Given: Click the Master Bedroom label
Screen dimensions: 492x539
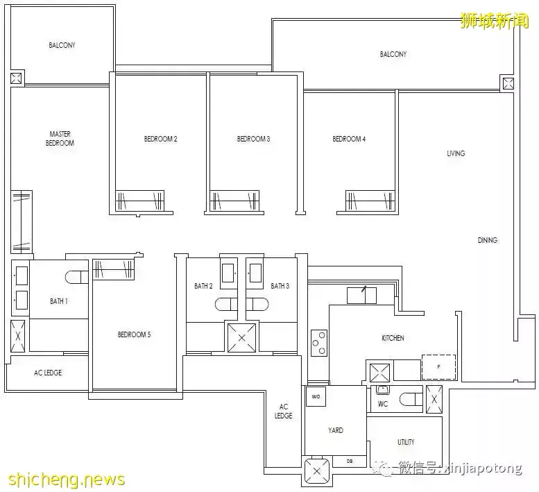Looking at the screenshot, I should pos(60,138).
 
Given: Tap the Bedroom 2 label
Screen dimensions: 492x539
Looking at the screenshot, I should pos(160,139).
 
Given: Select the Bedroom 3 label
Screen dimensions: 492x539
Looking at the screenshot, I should pos(253,139).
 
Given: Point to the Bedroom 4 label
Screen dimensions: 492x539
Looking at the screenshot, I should pos(349,139).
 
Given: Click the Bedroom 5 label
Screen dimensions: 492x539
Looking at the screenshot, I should pos(134,334).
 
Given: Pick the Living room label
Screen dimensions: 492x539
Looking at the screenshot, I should pos(456,153).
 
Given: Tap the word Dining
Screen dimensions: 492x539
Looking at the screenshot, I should pos(487,240).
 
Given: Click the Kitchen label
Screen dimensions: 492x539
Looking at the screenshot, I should pos(393,338).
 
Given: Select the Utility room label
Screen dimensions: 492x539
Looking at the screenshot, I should pos(406,442).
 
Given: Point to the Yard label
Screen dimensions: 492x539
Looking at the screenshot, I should pos(336,430).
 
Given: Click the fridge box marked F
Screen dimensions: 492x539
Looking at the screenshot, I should pos(438,366).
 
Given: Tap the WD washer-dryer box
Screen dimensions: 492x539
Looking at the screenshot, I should pos(316,397).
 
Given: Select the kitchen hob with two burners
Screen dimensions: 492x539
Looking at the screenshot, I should pos(319,341).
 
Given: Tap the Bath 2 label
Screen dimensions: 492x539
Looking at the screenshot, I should pos(203,286).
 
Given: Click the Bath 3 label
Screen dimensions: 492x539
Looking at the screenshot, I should pos(280,286).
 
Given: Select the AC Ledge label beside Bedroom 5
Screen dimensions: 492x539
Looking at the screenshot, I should pos(48,373).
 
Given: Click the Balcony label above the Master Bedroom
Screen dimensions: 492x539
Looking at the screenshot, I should pos(62,45).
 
